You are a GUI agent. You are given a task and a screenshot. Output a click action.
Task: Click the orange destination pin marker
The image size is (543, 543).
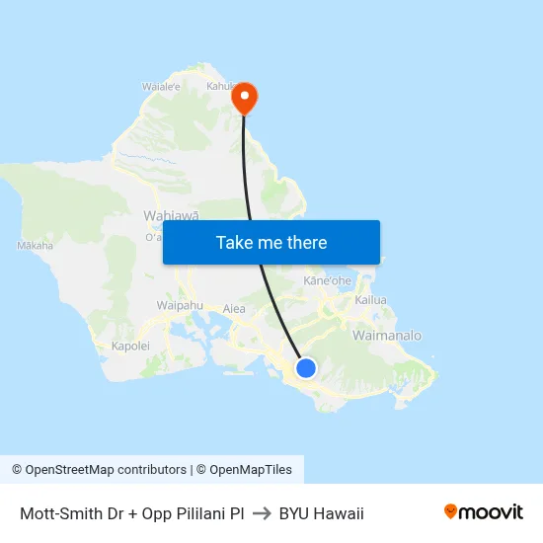click(244, 98)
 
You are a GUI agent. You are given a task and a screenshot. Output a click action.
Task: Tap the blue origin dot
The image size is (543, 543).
click(306, 368)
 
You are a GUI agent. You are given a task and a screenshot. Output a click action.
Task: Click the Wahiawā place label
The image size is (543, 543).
click(171, 215)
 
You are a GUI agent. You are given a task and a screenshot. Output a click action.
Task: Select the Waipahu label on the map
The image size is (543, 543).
click(179, 306)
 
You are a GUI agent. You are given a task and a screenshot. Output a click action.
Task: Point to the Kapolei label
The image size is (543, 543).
click(129, 347)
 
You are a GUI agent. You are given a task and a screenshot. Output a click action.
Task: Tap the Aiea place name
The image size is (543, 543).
click(234, 309)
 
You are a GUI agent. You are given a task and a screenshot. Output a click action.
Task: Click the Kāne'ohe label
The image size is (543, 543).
click(327, 281)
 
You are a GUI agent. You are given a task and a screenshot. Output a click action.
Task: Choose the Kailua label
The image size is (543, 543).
click(371, 299)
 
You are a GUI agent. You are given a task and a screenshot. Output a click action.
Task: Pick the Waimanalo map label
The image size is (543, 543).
click(386, 336)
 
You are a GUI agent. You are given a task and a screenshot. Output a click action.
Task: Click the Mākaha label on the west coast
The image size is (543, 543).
click(36, 245)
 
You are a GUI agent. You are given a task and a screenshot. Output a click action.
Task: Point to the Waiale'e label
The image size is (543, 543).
click(161, 87)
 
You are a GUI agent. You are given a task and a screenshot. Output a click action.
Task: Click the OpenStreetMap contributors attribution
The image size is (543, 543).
click(99, 470)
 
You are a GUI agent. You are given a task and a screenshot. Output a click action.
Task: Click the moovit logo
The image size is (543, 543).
click(484, 512)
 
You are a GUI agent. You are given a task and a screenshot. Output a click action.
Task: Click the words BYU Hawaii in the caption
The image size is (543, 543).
click(321, 513)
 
